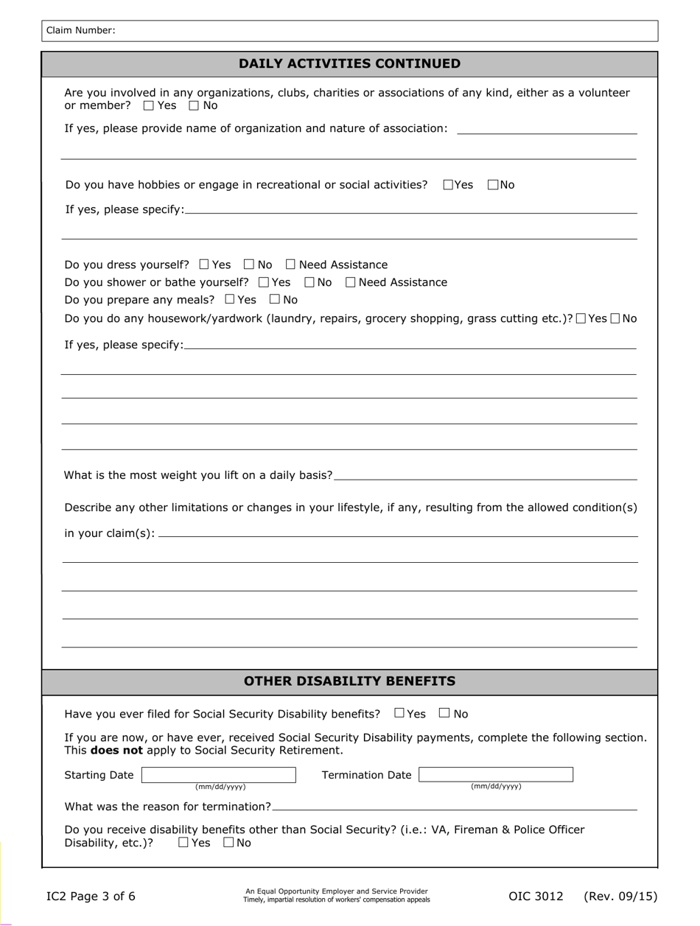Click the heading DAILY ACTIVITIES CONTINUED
(x=349, y=63)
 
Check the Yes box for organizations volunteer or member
(x=149, y=105)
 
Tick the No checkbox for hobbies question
(x=493, y=185)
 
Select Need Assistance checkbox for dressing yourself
(x=290, y=264)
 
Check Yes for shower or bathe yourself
(x=264, y=282)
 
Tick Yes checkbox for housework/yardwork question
(x=581, y=318)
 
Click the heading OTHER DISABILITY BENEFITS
(x=349, y=681)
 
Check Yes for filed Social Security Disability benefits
(x=399, y=712)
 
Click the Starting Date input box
(x=219, y=774)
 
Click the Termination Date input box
(x=495, y=774)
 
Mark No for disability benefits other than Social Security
(x=228, y=842)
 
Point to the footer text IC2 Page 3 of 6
(x=91, y=897)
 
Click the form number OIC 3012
(x=536, y=897)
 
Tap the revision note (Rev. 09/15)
(x=620, y=897)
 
